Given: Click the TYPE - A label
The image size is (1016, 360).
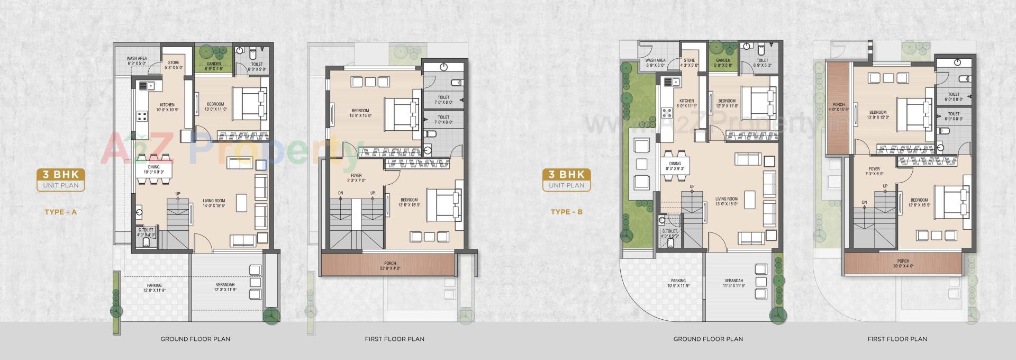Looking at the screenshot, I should (x=61, y=212).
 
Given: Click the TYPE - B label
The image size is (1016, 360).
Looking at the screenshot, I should (x=567, y=212).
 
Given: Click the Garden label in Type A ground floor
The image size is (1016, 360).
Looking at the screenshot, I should (x=214, y=66).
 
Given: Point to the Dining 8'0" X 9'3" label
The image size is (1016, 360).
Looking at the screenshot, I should (x=675, y=166).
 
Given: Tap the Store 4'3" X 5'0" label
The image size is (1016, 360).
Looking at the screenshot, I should (x=689, y=63).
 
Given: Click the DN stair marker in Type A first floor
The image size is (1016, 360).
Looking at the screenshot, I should (x=341, y=193).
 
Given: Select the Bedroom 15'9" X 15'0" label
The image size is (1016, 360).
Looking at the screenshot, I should (x=360, y=113).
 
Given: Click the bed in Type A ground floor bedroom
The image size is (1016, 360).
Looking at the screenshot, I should (x=247, y=103).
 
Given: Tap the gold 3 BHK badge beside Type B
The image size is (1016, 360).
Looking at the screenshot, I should (x=566, y=179).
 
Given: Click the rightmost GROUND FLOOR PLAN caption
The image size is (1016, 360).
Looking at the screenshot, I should (x=708, y=339).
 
